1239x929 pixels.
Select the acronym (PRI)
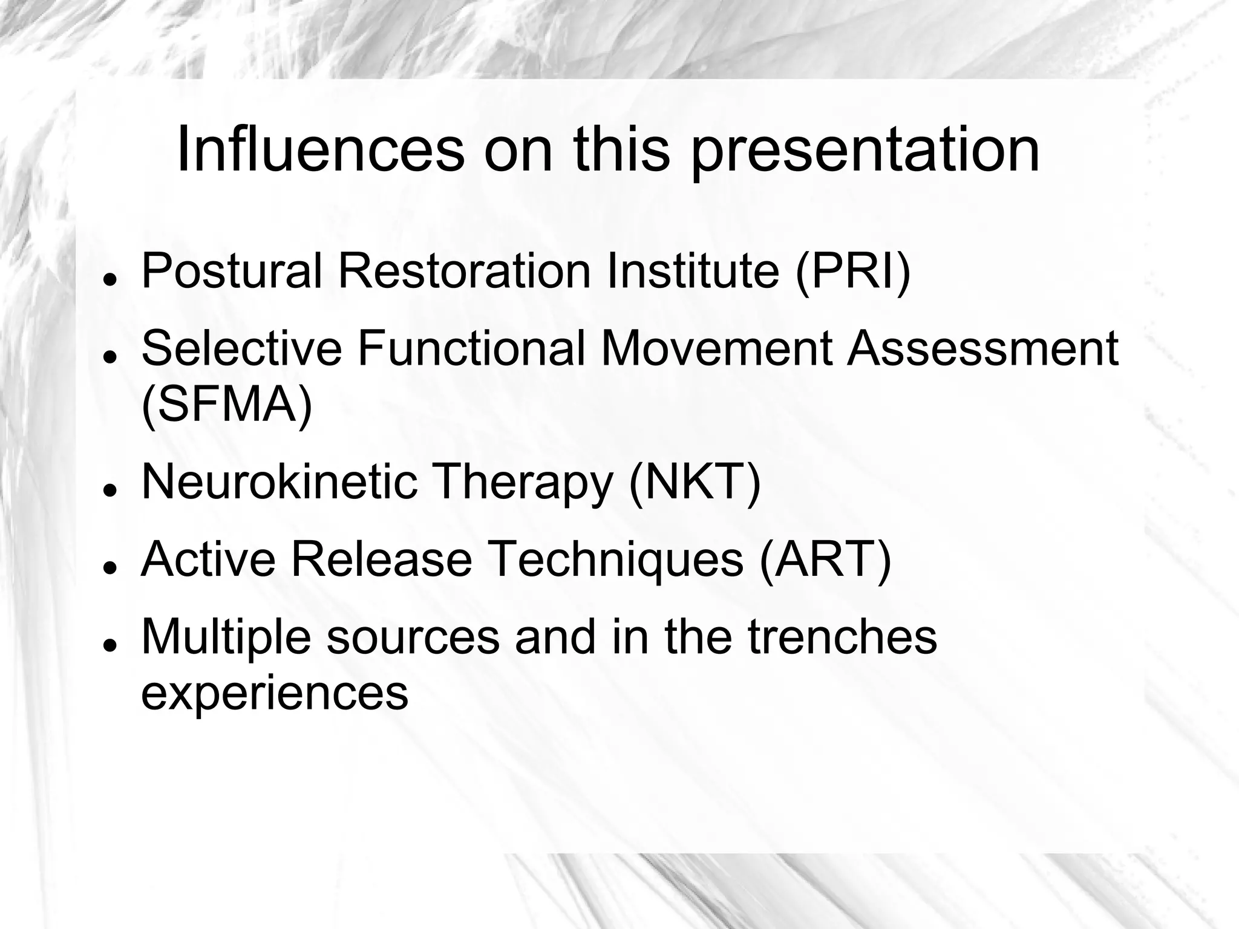(x=853, y=272)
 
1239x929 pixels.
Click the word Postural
(x=232, y=270)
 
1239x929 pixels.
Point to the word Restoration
(x=464, y=270)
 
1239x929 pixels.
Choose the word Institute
(x=693, y=270)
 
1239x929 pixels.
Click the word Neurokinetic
(x=280, y=482)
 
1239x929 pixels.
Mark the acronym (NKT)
(x=695, y=482)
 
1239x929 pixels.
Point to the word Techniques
(x=615, y=559)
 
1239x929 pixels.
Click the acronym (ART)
(x=825, y=559)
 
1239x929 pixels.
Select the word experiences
(x=275, y=693)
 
